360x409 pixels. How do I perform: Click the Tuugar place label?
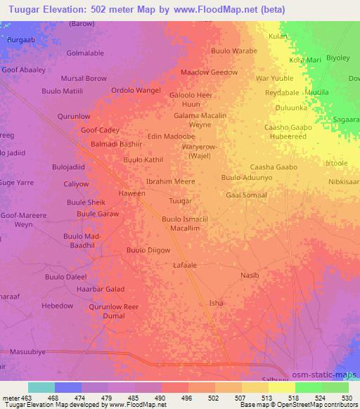181,201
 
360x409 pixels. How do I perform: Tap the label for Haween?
132,193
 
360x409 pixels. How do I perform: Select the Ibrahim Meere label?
169,181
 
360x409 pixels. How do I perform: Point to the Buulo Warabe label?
234,51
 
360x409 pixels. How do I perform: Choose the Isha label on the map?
217,303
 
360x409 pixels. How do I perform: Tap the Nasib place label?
250,275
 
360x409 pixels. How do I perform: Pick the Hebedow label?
58,306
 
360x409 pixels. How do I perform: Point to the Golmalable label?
85,53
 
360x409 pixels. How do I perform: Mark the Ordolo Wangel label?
136,90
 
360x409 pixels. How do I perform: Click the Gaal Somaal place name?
246,195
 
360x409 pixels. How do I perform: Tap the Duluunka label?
291,108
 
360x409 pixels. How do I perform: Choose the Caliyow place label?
77,184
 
